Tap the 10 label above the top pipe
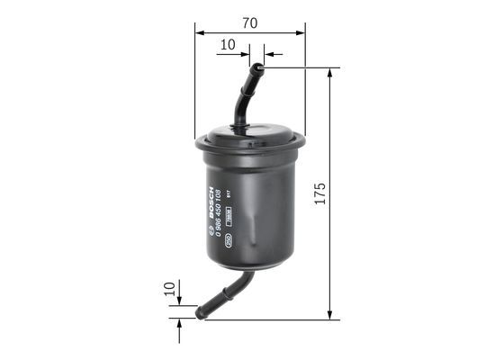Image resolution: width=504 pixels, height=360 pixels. [x=228, y=42]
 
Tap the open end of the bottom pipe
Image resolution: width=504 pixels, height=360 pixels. [x=200, y=312]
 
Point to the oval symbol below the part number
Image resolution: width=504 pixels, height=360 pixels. [x=230, y=240]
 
